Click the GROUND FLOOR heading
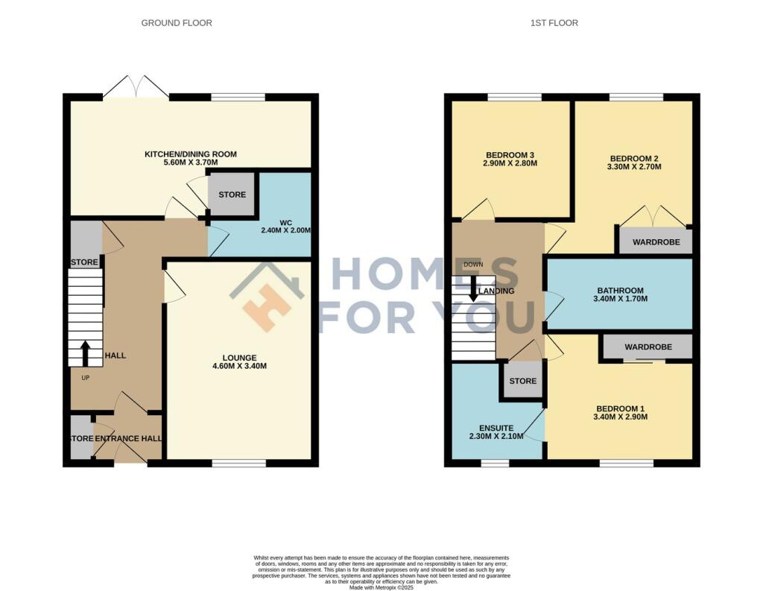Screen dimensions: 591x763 point(177,23)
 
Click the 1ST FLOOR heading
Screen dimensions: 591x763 point(554,23)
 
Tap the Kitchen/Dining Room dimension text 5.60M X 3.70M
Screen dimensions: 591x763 point(191,162)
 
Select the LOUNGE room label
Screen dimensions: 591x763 point(239,357)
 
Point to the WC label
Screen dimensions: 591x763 point(285,222)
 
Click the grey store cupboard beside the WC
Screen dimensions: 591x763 point(232,195)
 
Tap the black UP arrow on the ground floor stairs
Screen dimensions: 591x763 point(86,353)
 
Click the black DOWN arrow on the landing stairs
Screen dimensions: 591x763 point(472,288)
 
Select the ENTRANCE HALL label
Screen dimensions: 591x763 point(128,438)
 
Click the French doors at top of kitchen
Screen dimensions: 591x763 point(136,87)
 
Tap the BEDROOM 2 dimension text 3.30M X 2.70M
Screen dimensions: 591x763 point(636,167)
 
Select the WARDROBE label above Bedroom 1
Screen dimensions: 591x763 point(648,347)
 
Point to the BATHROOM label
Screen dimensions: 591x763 point(620,291)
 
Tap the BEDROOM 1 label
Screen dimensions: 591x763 point(621,408)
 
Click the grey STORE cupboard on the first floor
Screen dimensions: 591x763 point(522,381)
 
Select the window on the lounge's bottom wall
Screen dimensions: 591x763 point(239,463)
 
